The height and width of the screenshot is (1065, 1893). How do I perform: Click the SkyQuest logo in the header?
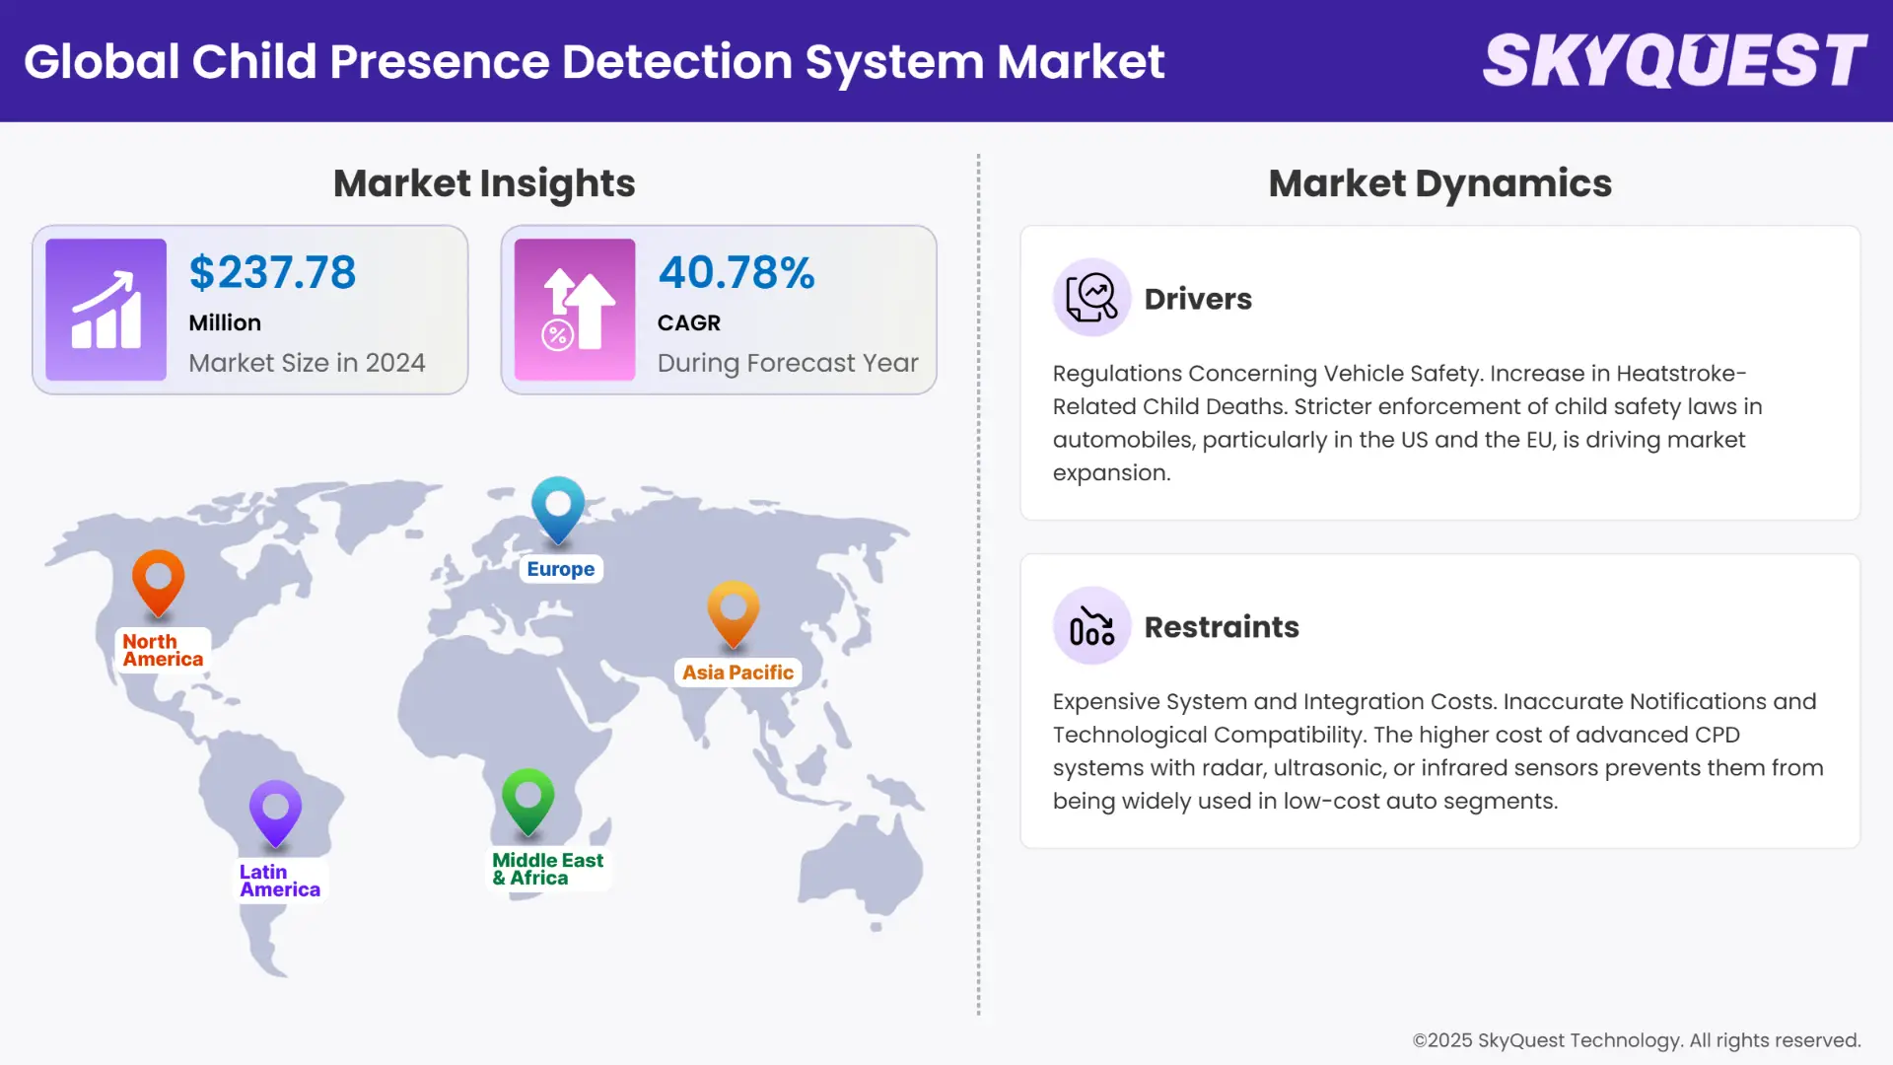pyautogui.click(x=1674, y=61)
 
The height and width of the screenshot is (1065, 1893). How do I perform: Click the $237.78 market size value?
pyautogui.click(x=272, y=273)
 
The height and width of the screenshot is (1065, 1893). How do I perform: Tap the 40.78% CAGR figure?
pyautogui.click(x=736, y=273)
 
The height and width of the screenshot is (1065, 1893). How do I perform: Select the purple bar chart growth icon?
pyautogui.click(x=106, y=310)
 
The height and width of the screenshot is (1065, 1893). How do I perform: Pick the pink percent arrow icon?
pyautogui.click(x=575, y=310)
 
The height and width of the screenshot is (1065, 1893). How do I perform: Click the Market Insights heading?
pyautogui.click(x=484, y=183)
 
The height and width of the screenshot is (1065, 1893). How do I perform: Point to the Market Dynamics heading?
pyautogui.click(x=1439, y=183)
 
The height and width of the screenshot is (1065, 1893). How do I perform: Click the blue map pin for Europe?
pyautogui.click(x=558, y=507)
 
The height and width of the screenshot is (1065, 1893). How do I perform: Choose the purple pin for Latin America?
pyautogui.click(x=275, y=811)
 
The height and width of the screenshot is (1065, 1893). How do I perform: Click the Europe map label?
pyautogui.click(x=560, y=569)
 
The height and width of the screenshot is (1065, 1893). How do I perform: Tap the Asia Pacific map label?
pyautogui.click(x=737, y=673)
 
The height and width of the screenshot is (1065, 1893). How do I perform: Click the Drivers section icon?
pyautogui.click(x=1091, y=298)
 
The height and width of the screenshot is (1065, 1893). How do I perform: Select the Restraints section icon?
pyautogui.click(x=1091, y=626)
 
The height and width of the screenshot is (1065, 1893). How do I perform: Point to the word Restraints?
pyautogui.click(x=1222, y=627)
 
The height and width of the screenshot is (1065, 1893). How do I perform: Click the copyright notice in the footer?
pyautogui.click(x=1636, y=1040)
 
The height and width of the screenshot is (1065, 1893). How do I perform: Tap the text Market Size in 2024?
pyautogui.click(x=307, y=363)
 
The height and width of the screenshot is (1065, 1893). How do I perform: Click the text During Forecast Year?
pyautogui.click(x=788, y=363)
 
